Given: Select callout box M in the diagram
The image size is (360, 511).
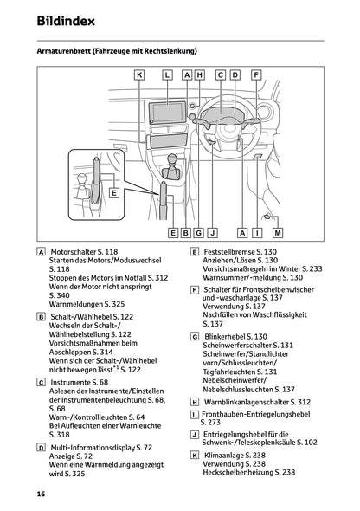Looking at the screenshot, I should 278,233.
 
